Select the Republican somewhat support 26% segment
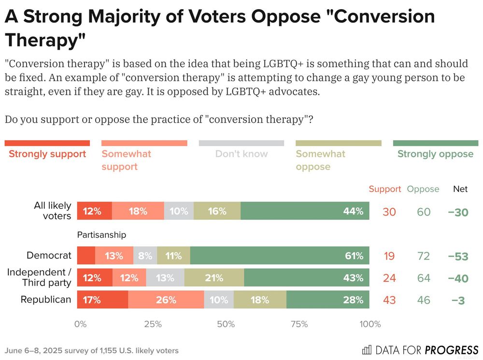166,300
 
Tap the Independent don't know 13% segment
165,278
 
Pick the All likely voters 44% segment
304,211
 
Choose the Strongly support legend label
47,154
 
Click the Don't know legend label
241,154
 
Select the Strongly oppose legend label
435,154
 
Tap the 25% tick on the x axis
153,324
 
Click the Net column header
460,189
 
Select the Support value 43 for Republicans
389,300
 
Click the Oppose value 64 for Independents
424,278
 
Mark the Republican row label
46,300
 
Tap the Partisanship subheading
101,235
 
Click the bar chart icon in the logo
367,349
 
